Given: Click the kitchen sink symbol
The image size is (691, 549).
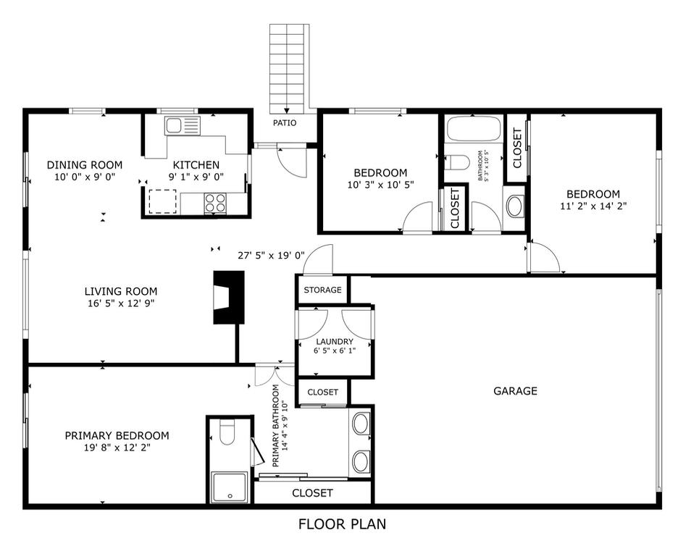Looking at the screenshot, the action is tap(182, 126).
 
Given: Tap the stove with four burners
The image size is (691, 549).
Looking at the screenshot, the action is tap(215, 203).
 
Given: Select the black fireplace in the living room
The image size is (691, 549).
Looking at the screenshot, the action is tap(229, 298).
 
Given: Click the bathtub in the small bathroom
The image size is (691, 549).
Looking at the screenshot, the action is tap(474, 127).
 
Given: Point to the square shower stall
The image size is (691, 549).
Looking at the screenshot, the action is tap(230, 487).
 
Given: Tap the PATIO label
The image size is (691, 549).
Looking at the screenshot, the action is tap(285, 123).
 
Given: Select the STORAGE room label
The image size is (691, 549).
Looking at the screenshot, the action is tap(322, 290).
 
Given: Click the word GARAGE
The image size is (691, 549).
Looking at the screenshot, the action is tap(515, 391).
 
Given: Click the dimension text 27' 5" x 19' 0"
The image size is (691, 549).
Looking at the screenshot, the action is tap(272, 255).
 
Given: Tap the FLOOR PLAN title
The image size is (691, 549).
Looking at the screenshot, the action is tap(343, 524).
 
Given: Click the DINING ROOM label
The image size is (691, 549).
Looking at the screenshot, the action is tap(85, 165).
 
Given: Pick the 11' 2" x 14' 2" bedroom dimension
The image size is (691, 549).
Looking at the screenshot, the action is tap(593, 206).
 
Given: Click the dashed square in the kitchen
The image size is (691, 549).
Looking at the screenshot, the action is tap(163, 201).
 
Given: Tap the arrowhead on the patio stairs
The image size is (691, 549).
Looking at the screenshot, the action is tap(287, 111).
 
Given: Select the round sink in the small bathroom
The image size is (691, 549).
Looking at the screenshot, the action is tap(514, 206).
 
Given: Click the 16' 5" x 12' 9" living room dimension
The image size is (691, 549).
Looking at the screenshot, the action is tap(121, 303).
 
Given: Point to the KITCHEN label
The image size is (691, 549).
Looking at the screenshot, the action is tap(196, 165).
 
